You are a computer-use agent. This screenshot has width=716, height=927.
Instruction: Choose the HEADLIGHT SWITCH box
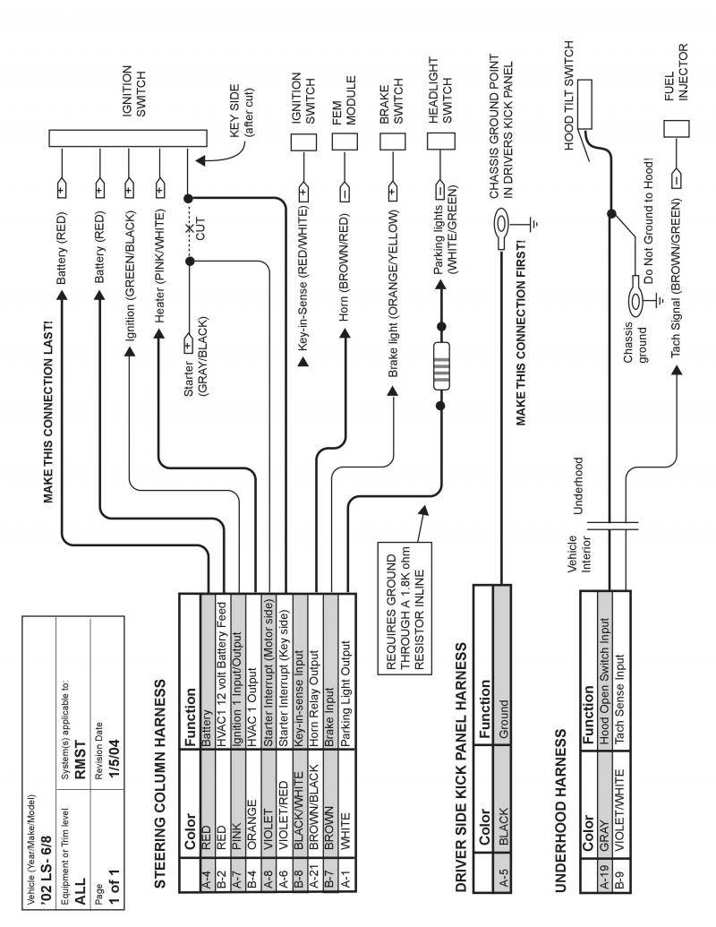(x=439, y=141)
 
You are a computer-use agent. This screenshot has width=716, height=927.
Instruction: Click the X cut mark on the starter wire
(x=189, y=230)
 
